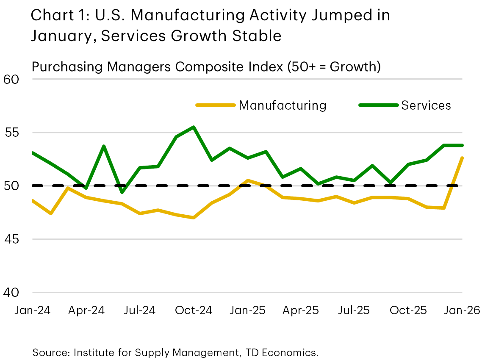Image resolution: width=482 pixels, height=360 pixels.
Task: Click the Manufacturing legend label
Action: point(283,105)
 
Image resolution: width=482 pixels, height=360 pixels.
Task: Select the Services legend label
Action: point(426,105)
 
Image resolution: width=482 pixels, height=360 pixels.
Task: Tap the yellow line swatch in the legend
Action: point(215,105)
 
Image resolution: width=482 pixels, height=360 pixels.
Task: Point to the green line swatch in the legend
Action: point(378,105)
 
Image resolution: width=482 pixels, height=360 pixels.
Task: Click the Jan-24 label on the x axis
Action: point(33,310)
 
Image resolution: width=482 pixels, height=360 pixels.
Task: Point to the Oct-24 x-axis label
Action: point(193,310)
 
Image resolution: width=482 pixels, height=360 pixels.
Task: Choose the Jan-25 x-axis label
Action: point(247,310)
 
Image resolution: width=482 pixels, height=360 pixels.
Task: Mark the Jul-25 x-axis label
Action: point(354,310)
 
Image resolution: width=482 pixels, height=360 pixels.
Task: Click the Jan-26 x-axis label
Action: point(461,310)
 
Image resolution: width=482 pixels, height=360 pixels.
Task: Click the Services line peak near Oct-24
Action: point(194,127)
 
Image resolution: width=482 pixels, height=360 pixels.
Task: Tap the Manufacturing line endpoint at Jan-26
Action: point(462,158)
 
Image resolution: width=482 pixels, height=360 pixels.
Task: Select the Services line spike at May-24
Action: point(104,146)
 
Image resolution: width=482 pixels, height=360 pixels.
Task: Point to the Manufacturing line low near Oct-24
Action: point(194,218)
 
